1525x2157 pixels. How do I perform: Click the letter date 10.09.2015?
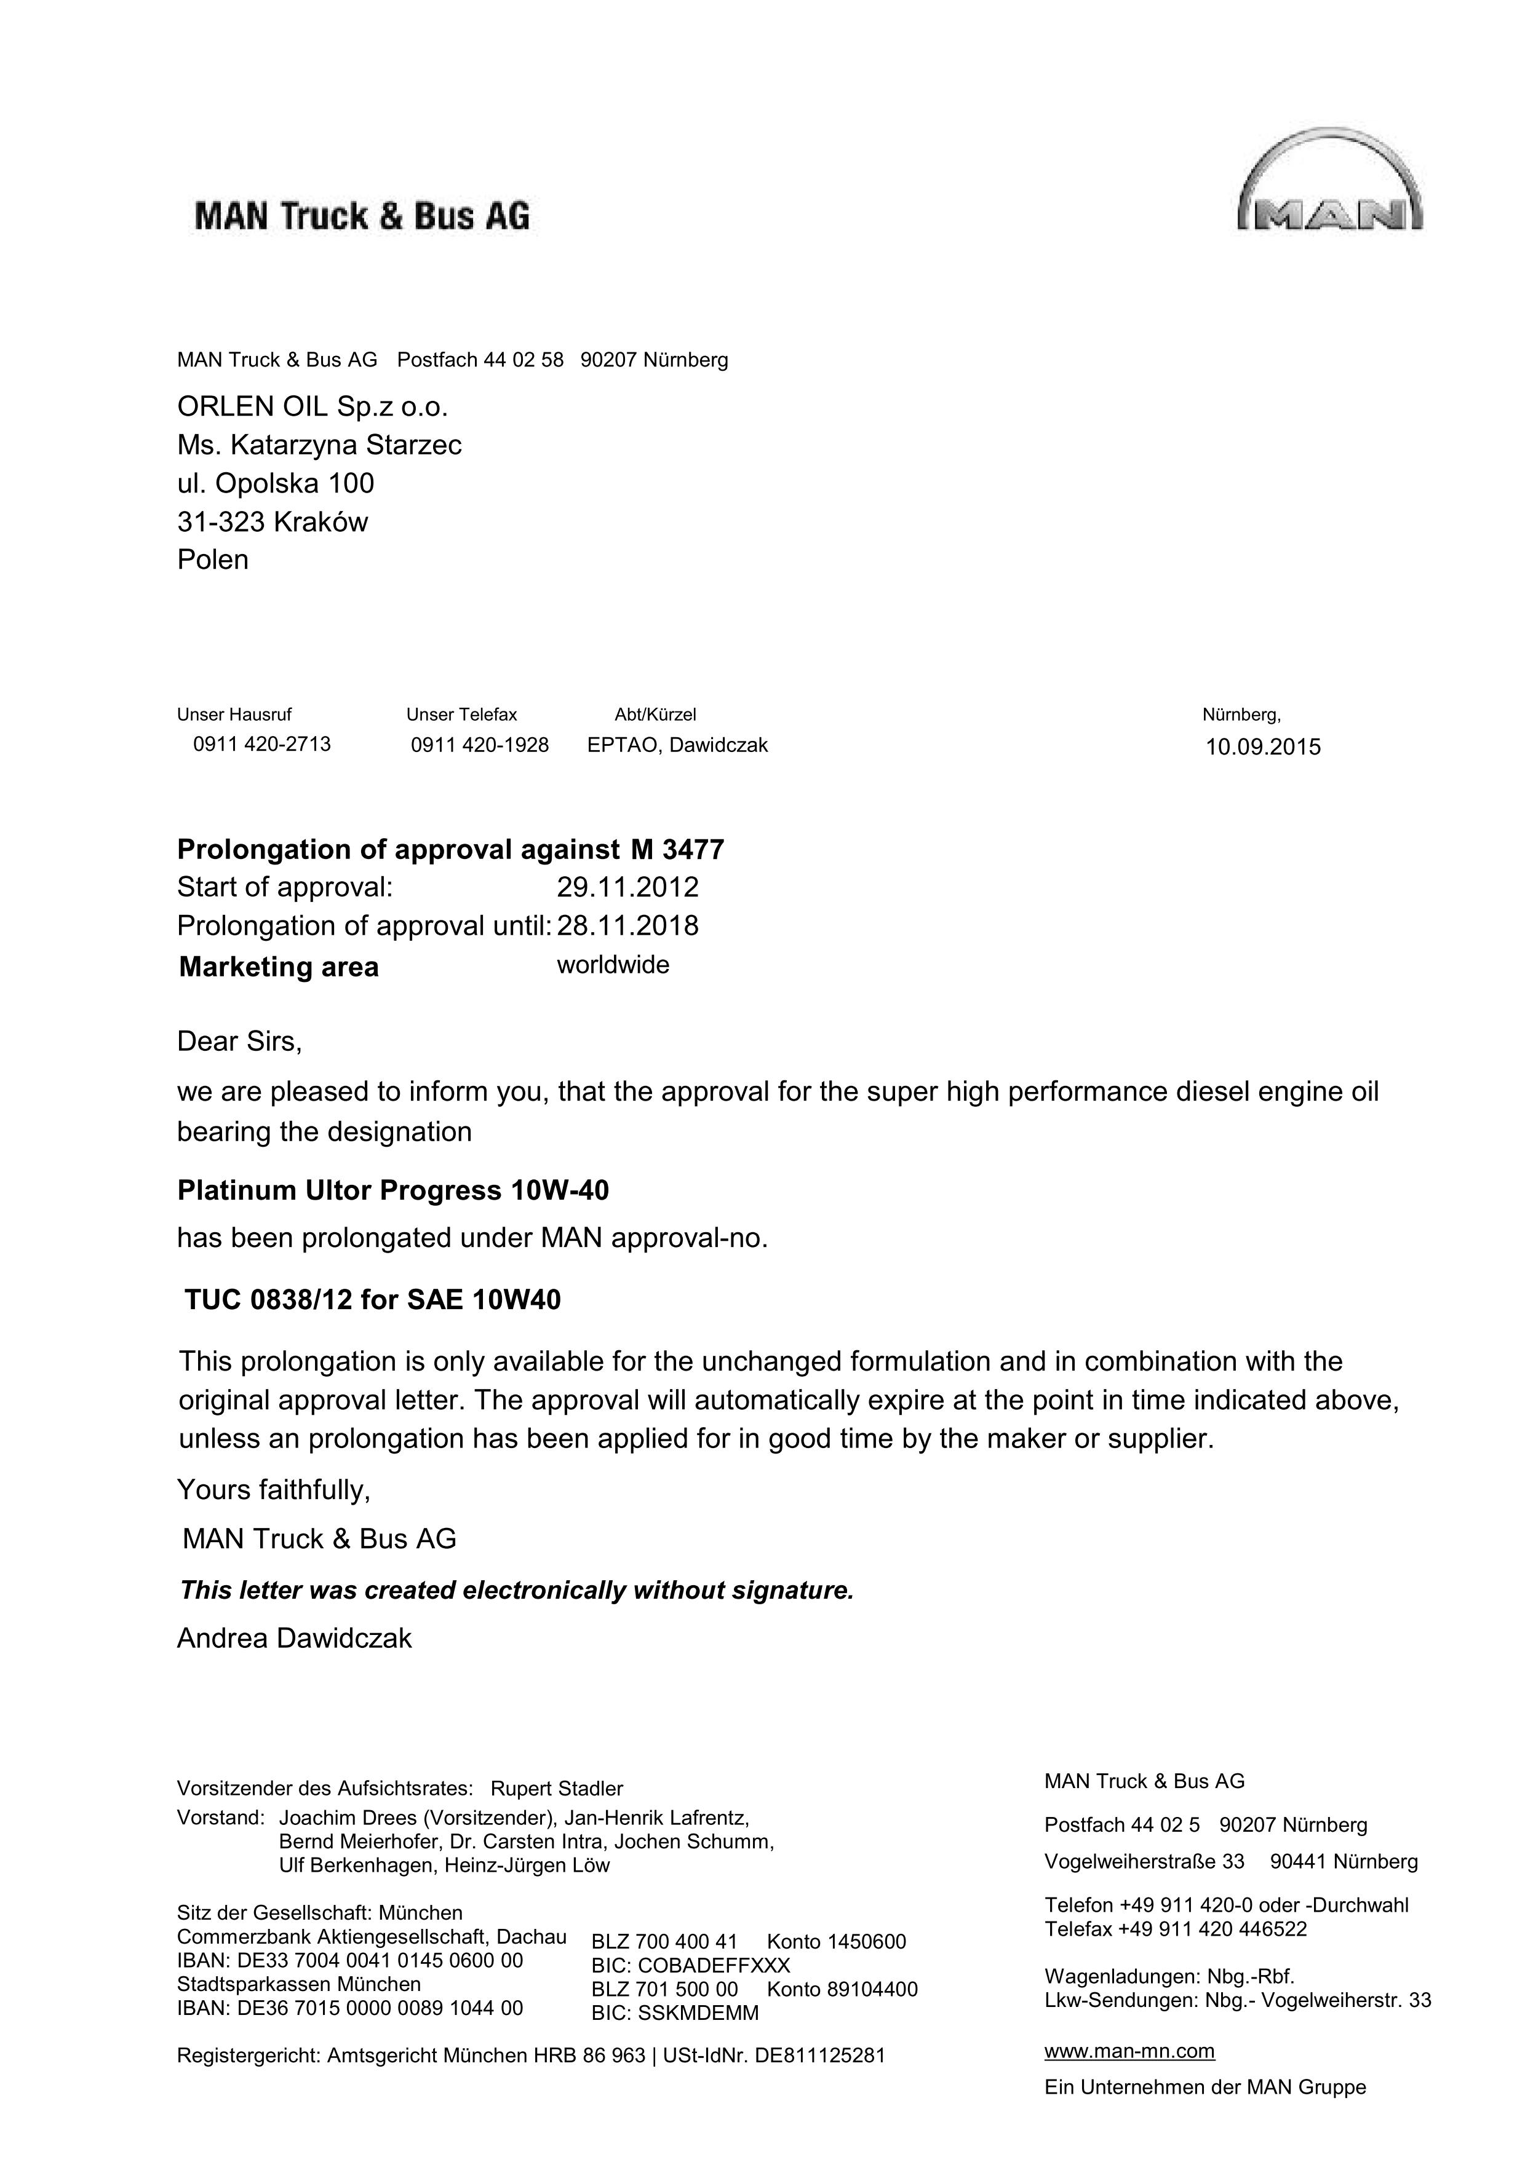point(1263,747)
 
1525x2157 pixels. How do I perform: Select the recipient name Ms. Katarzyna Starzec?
point(319,445)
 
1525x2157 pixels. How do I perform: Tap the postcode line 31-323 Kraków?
point(273,521)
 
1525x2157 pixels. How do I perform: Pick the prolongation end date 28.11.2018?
point(627,925)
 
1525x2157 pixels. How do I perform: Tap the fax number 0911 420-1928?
point(479,745)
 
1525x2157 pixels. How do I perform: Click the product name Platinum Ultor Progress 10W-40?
point(392,1190)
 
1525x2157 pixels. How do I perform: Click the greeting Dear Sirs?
point(239,1041)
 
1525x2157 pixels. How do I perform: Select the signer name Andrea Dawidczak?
point(294,1639)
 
